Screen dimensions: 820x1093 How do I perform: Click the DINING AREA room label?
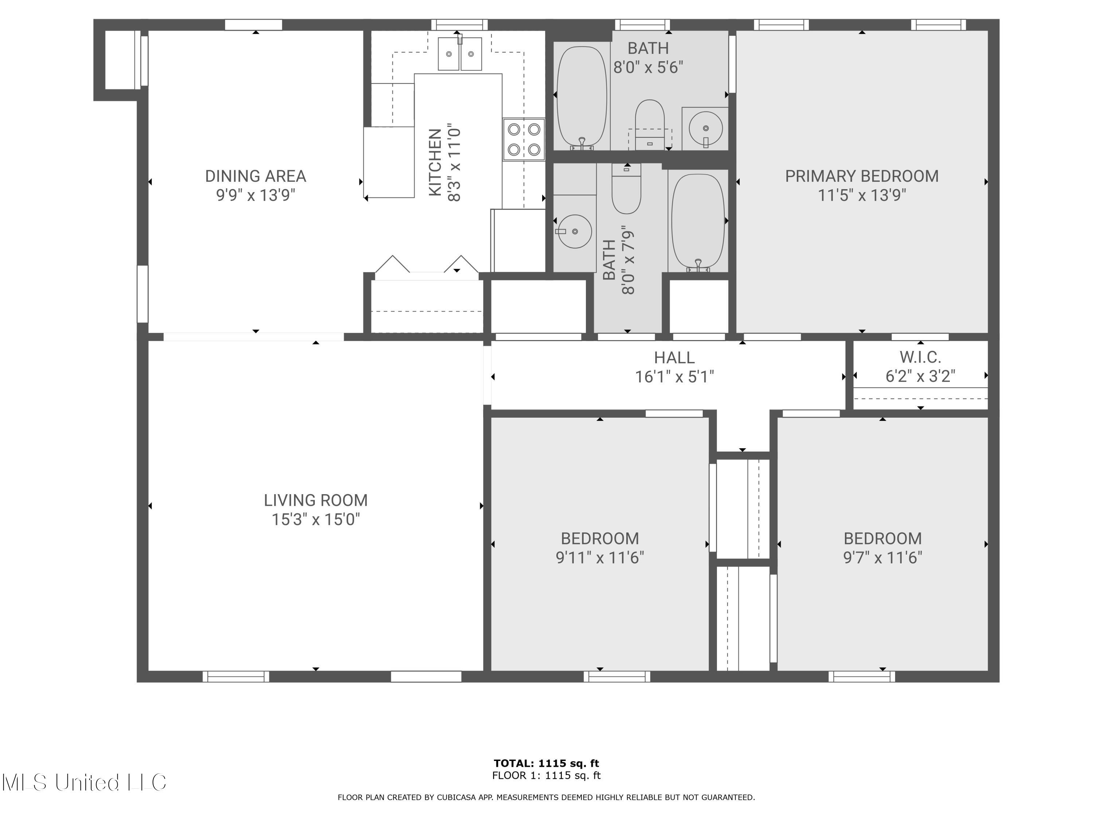click(255, 176)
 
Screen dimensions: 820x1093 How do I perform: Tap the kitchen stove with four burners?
click(524, 139)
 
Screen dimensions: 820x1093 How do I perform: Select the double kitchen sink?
click(460, 54)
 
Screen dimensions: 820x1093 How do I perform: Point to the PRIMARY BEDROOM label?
click(861, 176)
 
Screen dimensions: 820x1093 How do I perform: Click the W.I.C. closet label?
click(920, 357)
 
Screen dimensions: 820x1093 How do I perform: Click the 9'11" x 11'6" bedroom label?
click(599, 548)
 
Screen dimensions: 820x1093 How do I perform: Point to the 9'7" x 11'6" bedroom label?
click(882, 548)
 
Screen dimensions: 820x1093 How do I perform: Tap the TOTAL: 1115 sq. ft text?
click(546, 763)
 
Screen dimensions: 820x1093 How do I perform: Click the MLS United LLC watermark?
click(84, 782)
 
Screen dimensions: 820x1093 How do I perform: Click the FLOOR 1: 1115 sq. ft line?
click(546, 776)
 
